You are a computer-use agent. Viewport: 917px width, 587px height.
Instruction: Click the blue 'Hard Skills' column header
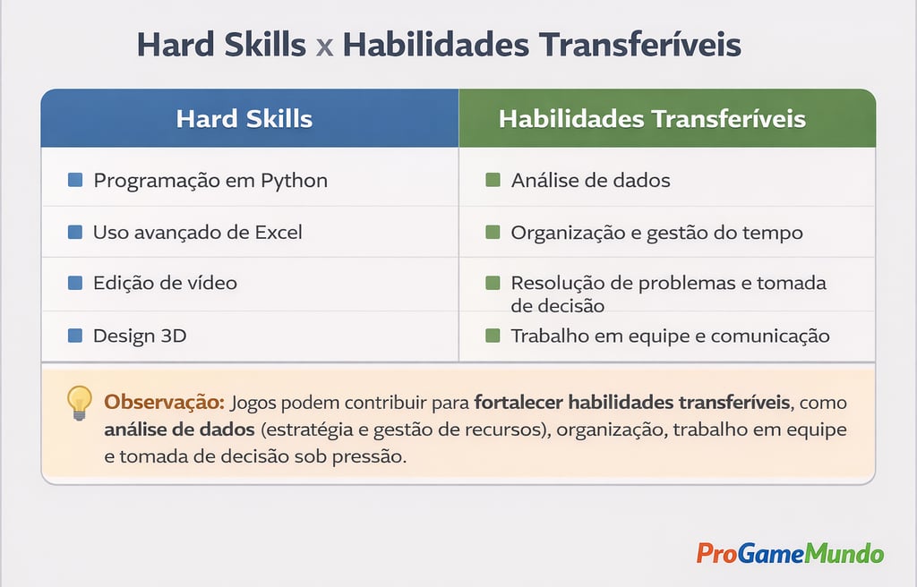click(244, 119)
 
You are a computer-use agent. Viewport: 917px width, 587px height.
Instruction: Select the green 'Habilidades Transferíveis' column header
click(652, 119)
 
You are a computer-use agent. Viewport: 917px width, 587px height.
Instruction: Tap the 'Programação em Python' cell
click(210, 181)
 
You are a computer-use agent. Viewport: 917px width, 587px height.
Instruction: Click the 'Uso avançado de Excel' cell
click(197, 233)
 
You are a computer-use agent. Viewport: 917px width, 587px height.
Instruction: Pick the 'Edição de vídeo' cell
click(165, 283)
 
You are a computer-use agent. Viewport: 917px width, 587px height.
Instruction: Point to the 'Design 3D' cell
click(140, 336)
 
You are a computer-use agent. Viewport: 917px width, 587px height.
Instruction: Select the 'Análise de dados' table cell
click(590, 181)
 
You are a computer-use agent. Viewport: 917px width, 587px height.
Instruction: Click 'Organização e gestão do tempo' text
click(656, 233)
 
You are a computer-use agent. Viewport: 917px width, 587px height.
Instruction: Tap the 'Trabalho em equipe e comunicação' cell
click(670, 336)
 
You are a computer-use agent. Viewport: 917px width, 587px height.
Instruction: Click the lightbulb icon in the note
click(80, 402)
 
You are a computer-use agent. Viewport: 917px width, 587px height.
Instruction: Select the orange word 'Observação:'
click(164, 402)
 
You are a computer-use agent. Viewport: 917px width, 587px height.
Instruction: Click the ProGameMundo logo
click(790, 553)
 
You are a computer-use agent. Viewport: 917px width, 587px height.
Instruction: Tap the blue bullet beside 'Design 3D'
click(75, 336)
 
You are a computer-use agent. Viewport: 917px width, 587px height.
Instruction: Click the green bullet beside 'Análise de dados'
click(492, 181)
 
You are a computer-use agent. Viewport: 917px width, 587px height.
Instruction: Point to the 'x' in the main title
click(324, 46)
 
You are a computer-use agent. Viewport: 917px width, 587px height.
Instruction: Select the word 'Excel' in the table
click(279, 233)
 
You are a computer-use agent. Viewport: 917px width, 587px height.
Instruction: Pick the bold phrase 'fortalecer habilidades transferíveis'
click(631, 402)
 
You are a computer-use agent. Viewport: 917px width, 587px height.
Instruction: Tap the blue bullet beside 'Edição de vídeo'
click(75, 283)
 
